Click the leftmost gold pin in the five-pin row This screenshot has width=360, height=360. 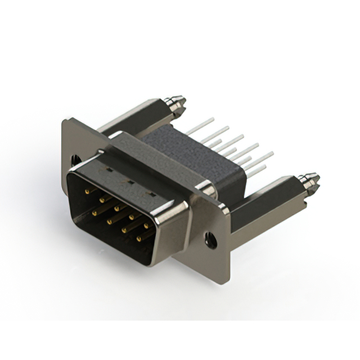click(x=87, y=191)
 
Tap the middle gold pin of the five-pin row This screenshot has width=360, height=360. click(x=116, y=208)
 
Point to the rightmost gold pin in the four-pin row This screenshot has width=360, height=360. click(x=139, y=239)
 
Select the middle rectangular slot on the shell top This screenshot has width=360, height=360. click(x=129, y=182)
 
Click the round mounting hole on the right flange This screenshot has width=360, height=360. click(x=212, y=239)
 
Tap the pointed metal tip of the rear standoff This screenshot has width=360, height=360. click(x=179, y=104)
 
